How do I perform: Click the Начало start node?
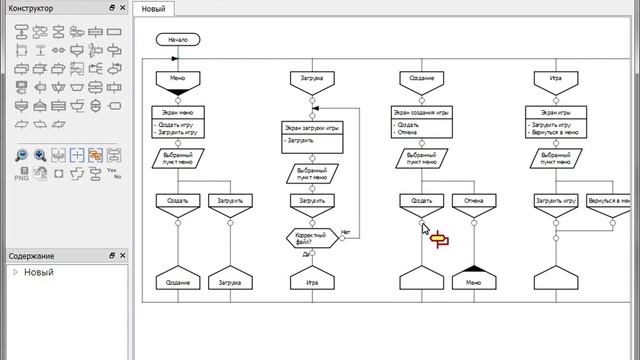click(178, 41)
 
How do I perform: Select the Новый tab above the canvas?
click(153, 9)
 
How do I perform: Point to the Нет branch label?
click(344, 233)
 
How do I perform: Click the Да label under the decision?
click(306, 254)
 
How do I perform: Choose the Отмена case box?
click(474, 201)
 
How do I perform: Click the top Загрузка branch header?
click(312, 78)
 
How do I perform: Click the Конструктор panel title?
click(32, 8)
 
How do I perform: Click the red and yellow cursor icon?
click(438, 237)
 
